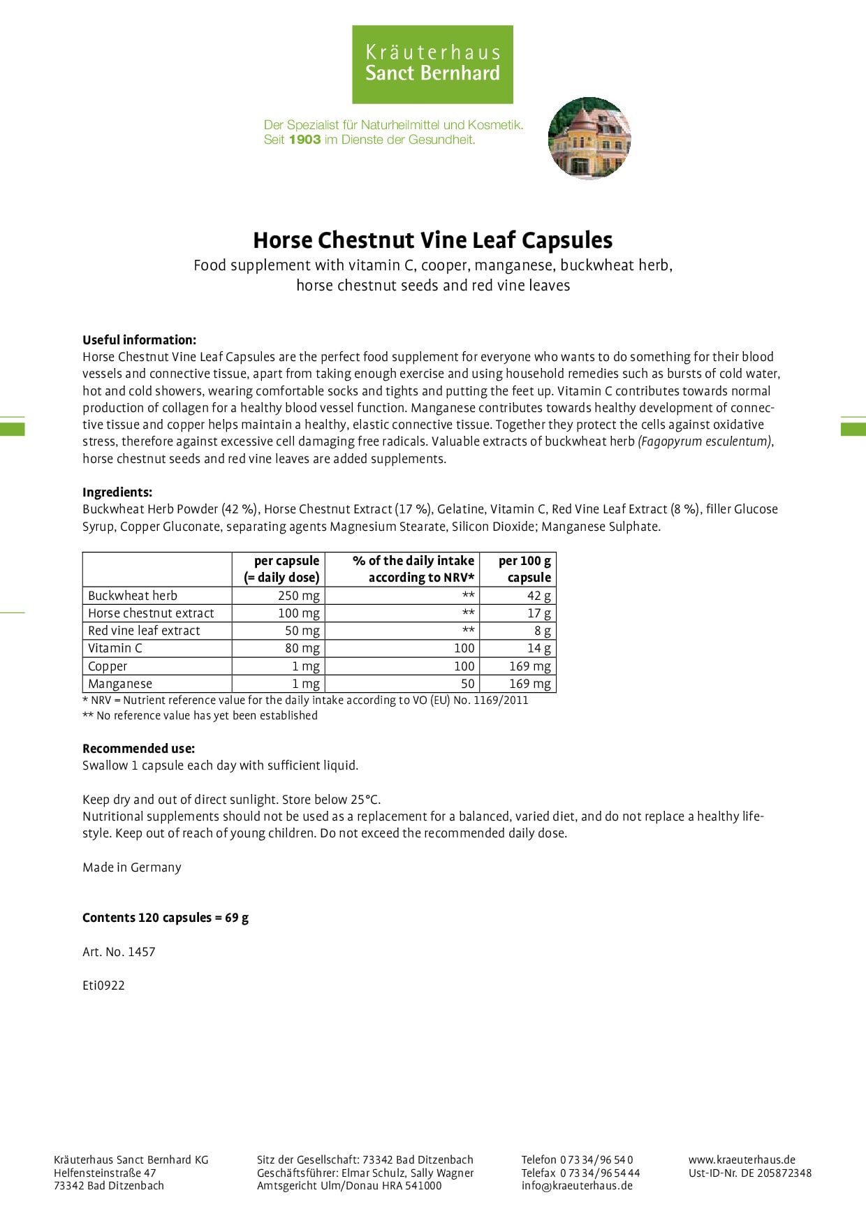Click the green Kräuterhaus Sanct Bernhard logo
click(x=432, y=64)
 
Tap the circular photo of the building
click(x=589, y=138)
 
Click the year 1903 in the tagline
click(x=304, y=140)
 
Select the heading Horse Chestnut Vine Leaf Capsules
click(x=432, y=240)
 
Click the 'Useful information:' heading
click(x=139, y=340)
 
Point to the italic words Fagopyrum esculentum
click(x=705, y=441)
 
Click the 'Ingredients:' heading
click(x=117, y=492)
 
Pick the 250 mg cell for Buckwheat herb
click(x=298, y=596)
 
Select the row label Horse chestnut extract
click(x=151, y=613)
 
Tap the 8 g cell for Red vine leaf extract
click(x=542, y=631)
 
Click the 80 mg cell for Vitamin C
click(x=302, y=648)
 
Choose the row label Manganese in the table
click(x=120, y=684)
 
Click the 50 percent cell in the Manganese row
click(x=467, y=684)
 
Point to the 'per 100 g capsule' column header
click(x=524, y=569)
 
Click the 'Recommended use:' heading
click(x=138, y=749)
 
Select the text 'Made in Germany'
click(x=131, y=867)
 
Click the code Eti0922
click(x=103, y=985)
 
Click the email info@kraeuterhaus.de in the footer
click(x=576, y=1185)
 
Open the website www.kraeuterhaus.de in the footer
click(x=742, y=1159)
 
